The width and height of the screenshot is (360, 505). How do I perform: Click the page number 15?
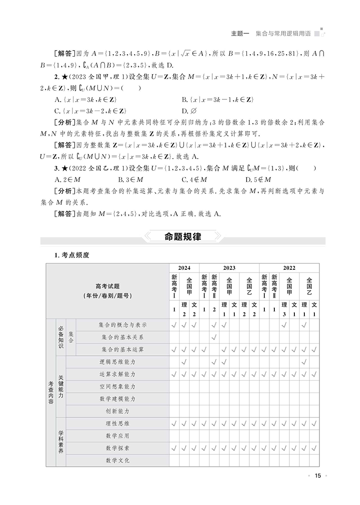click(318, 476)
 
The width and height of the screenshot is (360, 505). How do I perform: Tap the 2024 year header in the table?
click(184, 268)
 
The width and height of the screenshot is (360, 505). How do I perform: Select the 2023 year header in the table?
click(229, 268)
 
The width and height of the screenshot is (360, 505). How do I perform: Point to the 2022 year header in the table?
click(289, 268)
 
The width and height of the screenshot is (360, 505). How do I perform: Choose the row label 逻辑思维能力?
click(117, 361)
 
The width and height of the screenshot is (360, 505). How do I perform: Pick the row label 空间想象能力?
click(117, 386)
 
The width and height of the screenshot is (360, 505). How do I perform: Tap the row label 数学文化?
click(117, 460)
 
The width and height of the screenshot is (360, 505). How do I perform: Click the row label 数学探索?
click(117, 448)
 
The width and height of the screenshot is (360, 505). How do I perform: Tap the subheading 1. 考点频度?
click(72, 255)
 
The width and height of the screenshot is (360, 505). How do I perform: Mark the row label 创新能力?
click(117, 411)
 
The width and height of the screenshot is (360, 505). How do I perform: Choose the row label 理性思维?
click(117, 423)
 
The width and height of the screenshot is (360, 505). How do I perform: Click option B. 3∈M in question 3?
click(129, 179)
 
